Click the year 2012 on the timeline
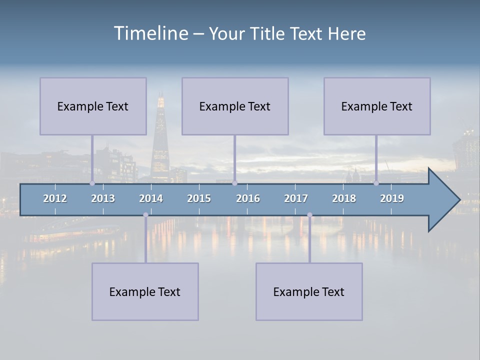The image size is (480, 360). tap(55, 198)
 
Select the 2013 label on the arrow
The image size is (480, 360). tap(103, 198)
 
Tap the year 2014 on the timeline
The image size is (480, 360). tap(151, 198)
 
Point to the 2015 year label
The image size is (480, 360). tap(199, 198)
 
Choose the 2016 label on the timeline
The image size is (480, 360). tap(248, 198)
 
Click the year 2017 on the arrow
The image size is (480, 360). tap(296, 198)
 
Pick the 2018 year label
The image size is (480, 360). tap(344, 198)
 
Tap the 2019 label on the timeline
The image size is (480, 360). tap(392, 198)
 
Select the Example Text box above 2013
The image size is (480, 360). tap(93, 106)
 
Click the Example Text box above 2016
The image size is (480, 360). tap(235, 106)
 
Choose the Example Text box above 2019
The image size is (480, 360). tap(377, 106)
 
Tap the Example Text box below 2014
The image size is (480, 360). tap(145, 291)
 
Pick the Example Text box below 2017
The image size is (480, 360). tap(309, 291)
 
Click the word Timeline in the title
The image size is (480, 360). tap(150, 33)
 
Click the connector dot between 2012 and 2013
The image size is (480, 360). tap(92, 183)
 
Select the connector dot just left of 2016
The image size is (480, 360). tap(234, 183)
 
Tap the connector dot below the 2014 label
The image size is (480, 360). tap(145, 215)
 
